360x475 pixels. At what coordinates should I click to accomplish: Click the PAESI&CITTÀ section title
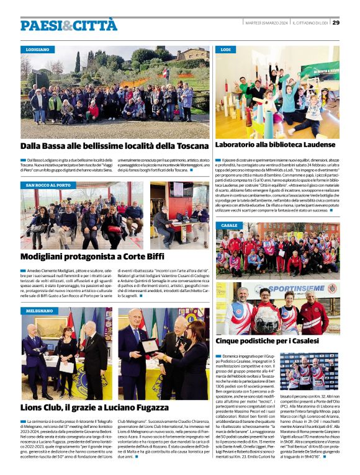[68, 25]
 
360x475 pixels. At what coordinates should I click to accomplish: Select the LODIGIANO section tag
[38, 48]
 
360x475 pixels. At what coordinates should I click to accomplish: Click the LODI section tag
[225, 48]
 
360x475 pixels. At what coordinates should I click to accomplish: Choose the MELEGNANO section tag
[40, 310]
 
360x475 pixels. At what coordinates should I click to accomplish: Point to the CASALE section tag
[228, 225]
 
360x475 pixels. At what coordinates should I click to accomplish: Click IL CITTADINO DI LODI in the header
[311, 24]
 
